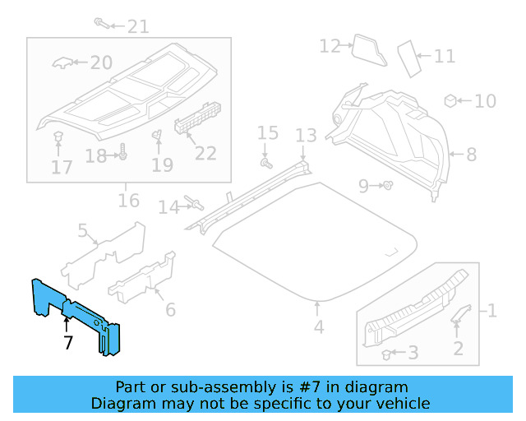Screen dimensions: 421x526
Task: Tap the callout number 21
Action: coord(137,26)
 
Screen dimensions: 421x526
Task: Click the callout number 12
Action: coord(330,46)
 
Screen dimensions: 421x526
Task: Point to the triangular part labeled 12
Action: coord(367,50)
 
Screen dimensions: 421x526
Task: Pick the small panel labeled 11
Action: coord(408,58)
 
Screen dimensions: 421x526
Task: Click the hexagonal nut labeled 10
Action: coord(450,100)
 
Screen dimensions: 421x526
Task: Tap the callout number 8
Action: coord(471,154)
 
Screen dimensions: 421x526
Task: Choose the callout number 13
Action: coord(306,135)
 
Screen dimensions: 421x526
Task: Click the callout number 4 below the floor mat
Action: coord(318,327)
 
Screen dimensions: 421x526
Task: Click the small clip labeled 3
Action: coord(386,354)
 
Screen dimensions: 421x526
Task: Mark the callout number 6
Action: coord(170,309)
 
